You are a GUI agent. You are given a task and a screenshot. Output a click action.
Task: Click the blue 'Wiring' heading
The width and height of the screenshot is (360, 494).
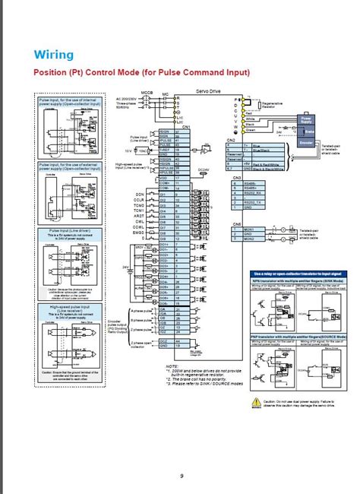pyautogui.click(x=53, y=55)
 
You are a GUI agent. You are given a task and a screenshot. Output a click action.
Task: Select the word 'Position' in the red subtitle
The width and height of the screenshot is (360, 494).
pyautogui.click(x=53, y=73)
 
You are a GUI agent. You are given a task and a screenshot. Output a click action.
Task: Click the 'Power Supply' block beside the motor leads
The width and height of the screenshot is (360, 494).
pyautogui.click(x=307, y=119)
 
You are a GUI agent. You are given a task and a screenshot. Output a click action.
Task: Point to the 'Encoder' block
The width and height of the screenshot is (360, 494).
pyautogui.click(x=307, y=141)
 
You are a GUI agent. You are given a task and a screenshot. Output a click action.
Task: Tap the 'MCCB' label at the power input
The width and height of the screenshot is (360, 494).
pyautogui.click(x=136, y=91)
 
